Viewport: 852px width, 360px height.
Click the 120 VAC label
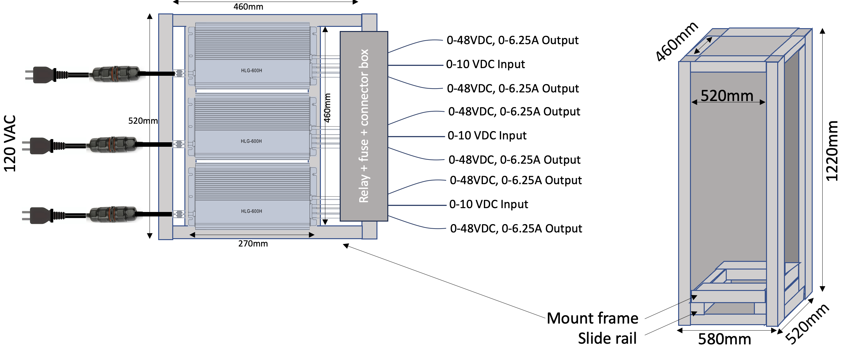(x=10, y=144)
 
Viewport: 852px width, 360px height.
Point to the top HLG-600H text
(x=252, y=70)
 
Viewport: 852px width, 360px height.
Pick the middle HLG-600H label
(x=251, y=141)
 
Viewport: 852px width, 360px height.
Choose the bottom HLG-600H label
(x=252, y=211)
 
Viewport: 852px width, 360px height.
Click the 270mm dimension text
(x=253, y=244)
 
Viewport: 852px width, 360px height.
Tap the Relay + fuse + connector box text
(x=364, y=126)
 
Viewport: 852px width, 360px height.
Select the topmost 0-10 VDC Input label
(x=485, y=64)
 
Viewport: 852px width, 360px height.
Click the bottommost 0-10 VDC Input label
(x=489, y=205)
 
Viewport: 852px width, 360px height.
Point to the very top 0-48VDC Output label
(x=512, y=40)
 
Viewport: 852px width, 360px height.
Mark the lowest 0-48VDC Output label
(x=516, y=229)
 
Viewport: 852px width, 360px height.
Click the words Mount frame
(x=593, y=318)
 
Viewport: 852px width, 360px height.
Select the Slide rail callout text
(x=607, y=339)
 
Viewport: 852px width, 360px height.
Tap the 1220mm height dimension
(x=832, y=151)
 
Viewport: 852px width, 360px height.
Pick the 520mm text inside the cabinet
(x=727, y=96)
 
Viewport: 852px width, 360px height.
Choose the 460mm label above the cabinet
(x=677, y=42)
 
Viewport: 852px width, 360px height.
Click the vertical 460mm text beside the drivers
(x=327, y=108)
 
